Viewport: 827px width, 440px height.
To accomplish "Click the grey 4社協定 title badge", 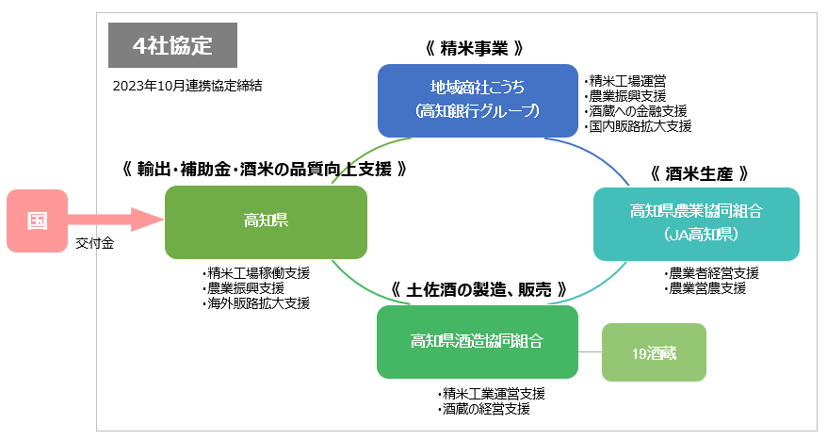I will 172,45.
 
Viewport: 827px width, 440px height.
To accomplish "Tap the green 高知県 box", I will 266,221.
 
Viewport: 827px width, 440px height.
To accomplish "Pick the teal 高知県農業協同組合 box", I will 696,223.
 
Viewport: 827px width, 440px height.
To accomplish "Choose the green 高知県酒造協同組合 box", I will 477,341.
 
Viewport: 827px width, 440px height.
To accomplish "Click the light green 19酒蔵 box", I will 654,352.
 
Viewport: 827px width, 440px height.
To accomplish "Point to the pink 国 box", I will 37,221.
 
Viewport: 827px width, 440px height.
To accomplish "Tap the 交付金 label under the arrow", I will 95,244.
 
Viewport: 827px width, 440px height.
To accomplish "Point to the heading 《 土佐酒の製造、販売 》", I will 478,288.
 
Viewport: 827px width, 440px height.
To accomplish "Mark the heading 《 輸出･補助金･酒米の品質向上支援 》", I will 265,170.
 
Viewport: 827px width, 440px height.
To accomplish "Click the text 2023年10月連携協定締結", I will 186,85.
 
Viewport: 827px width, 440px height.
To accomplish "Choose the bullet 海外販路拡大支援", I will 260,303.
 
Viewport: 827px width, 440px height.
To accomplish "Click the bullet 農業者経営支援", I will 714,273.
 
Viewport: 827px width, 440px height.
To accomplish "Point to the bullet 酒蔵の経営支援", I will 487,409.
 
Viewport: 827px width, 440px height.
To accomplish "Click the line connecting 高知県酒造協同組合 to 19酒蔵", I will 590,352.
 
